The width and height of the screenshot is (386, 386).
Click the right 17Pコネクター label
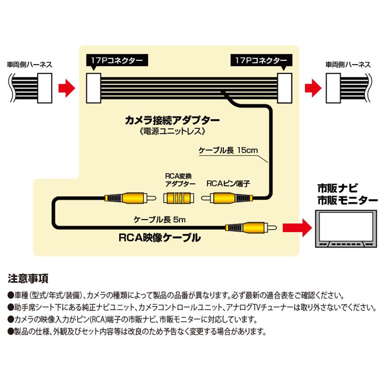point(261,60)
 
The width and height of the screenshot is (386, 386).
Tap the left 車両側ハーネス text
point(30,65)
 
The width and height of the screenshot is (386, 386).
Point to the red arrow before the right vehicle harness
point(313,88)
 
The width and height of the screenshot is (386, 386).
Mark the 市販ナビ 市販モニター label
point(347,194)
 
